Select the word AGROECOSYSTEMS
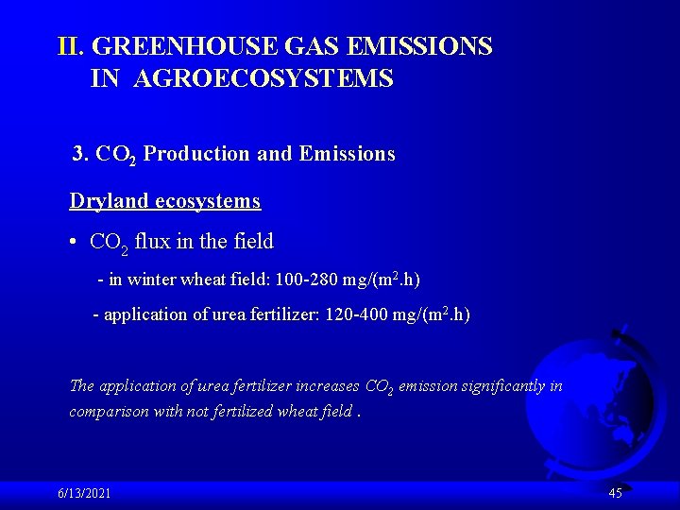pyautogui.click(x=263, y=78)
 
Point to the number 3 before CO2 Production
pyautogui.click(x=78, y=153)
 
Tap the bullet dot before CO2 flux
pyautogui.click(x=74, y=242)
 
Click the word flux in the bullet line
pyautogui.click(x=154, y=242)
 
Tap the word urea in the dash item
pyautogui.click(x=213, y=314)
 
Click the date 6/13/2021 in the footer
pyautogui.click(x=83, y=493)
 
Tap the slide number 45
pyautogui.click(x=616, y=493)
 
